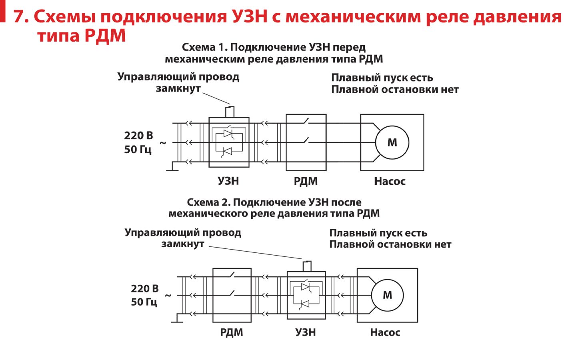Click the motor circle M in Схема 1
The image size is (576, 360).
pyautogui.click(x=392, y=142)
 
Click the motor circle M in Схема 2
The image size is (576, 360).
pyautogui.click(x=387, y=295)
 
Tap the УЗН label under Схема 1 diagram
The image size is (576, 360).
pyautogui.click(x=228, y=181)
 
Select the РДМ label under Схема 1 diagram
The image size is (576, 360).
pyautogui.click(x=306, y=182)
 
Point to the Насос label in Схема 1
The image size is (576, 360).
pyautogui.click(x=390, y=182)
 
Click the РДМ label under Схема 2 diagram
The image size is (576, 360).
pyautogui.click(x=232, y=332)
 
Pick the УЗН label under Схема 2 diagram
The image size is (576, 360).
pyautogui.click(x=306, y=332)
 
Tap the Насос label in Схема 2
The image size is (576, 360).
pyautogui.click(x=385, y=332)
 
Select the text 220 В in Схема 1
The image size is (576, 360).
pyautogui.click(x=138, y=136)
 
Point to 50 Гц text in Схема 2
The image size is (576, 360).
pyautogui.click(x=144, y=302)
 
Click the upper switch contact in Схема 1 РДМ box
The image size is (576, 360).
pyautogui.click(x=306, y=121)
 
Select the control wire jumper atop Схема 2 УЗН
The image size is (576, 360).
pyautogui.click(x=307, y=265)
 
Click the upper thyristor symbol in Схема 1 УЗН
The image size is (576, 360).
pyautogui.click(x=228, y=134)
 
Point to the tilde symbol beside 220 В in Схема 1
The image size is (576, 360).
pyautogui.click(x=163, y=143)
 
